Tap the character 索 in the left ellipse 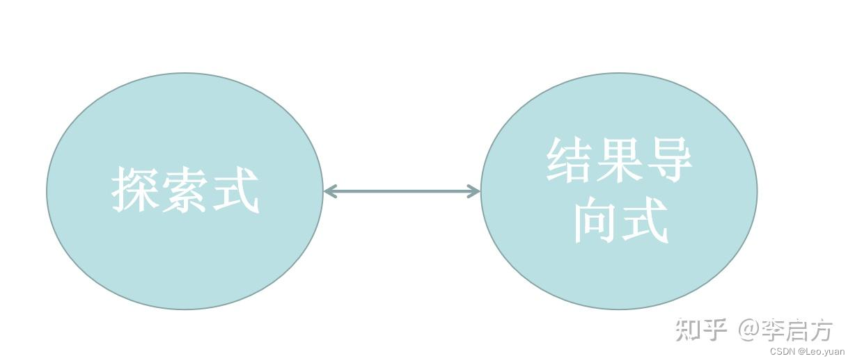185,189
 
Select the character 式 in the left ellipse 235,189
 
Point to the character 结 570,159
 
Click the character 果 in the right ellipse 619,159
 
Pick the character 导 668,159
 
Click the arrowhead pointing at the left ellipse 331,191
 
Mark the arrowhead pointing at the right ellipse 473,191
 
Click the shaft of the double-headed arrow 402,191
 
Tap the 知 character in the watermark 689,330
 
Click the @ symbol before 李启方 748,330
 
